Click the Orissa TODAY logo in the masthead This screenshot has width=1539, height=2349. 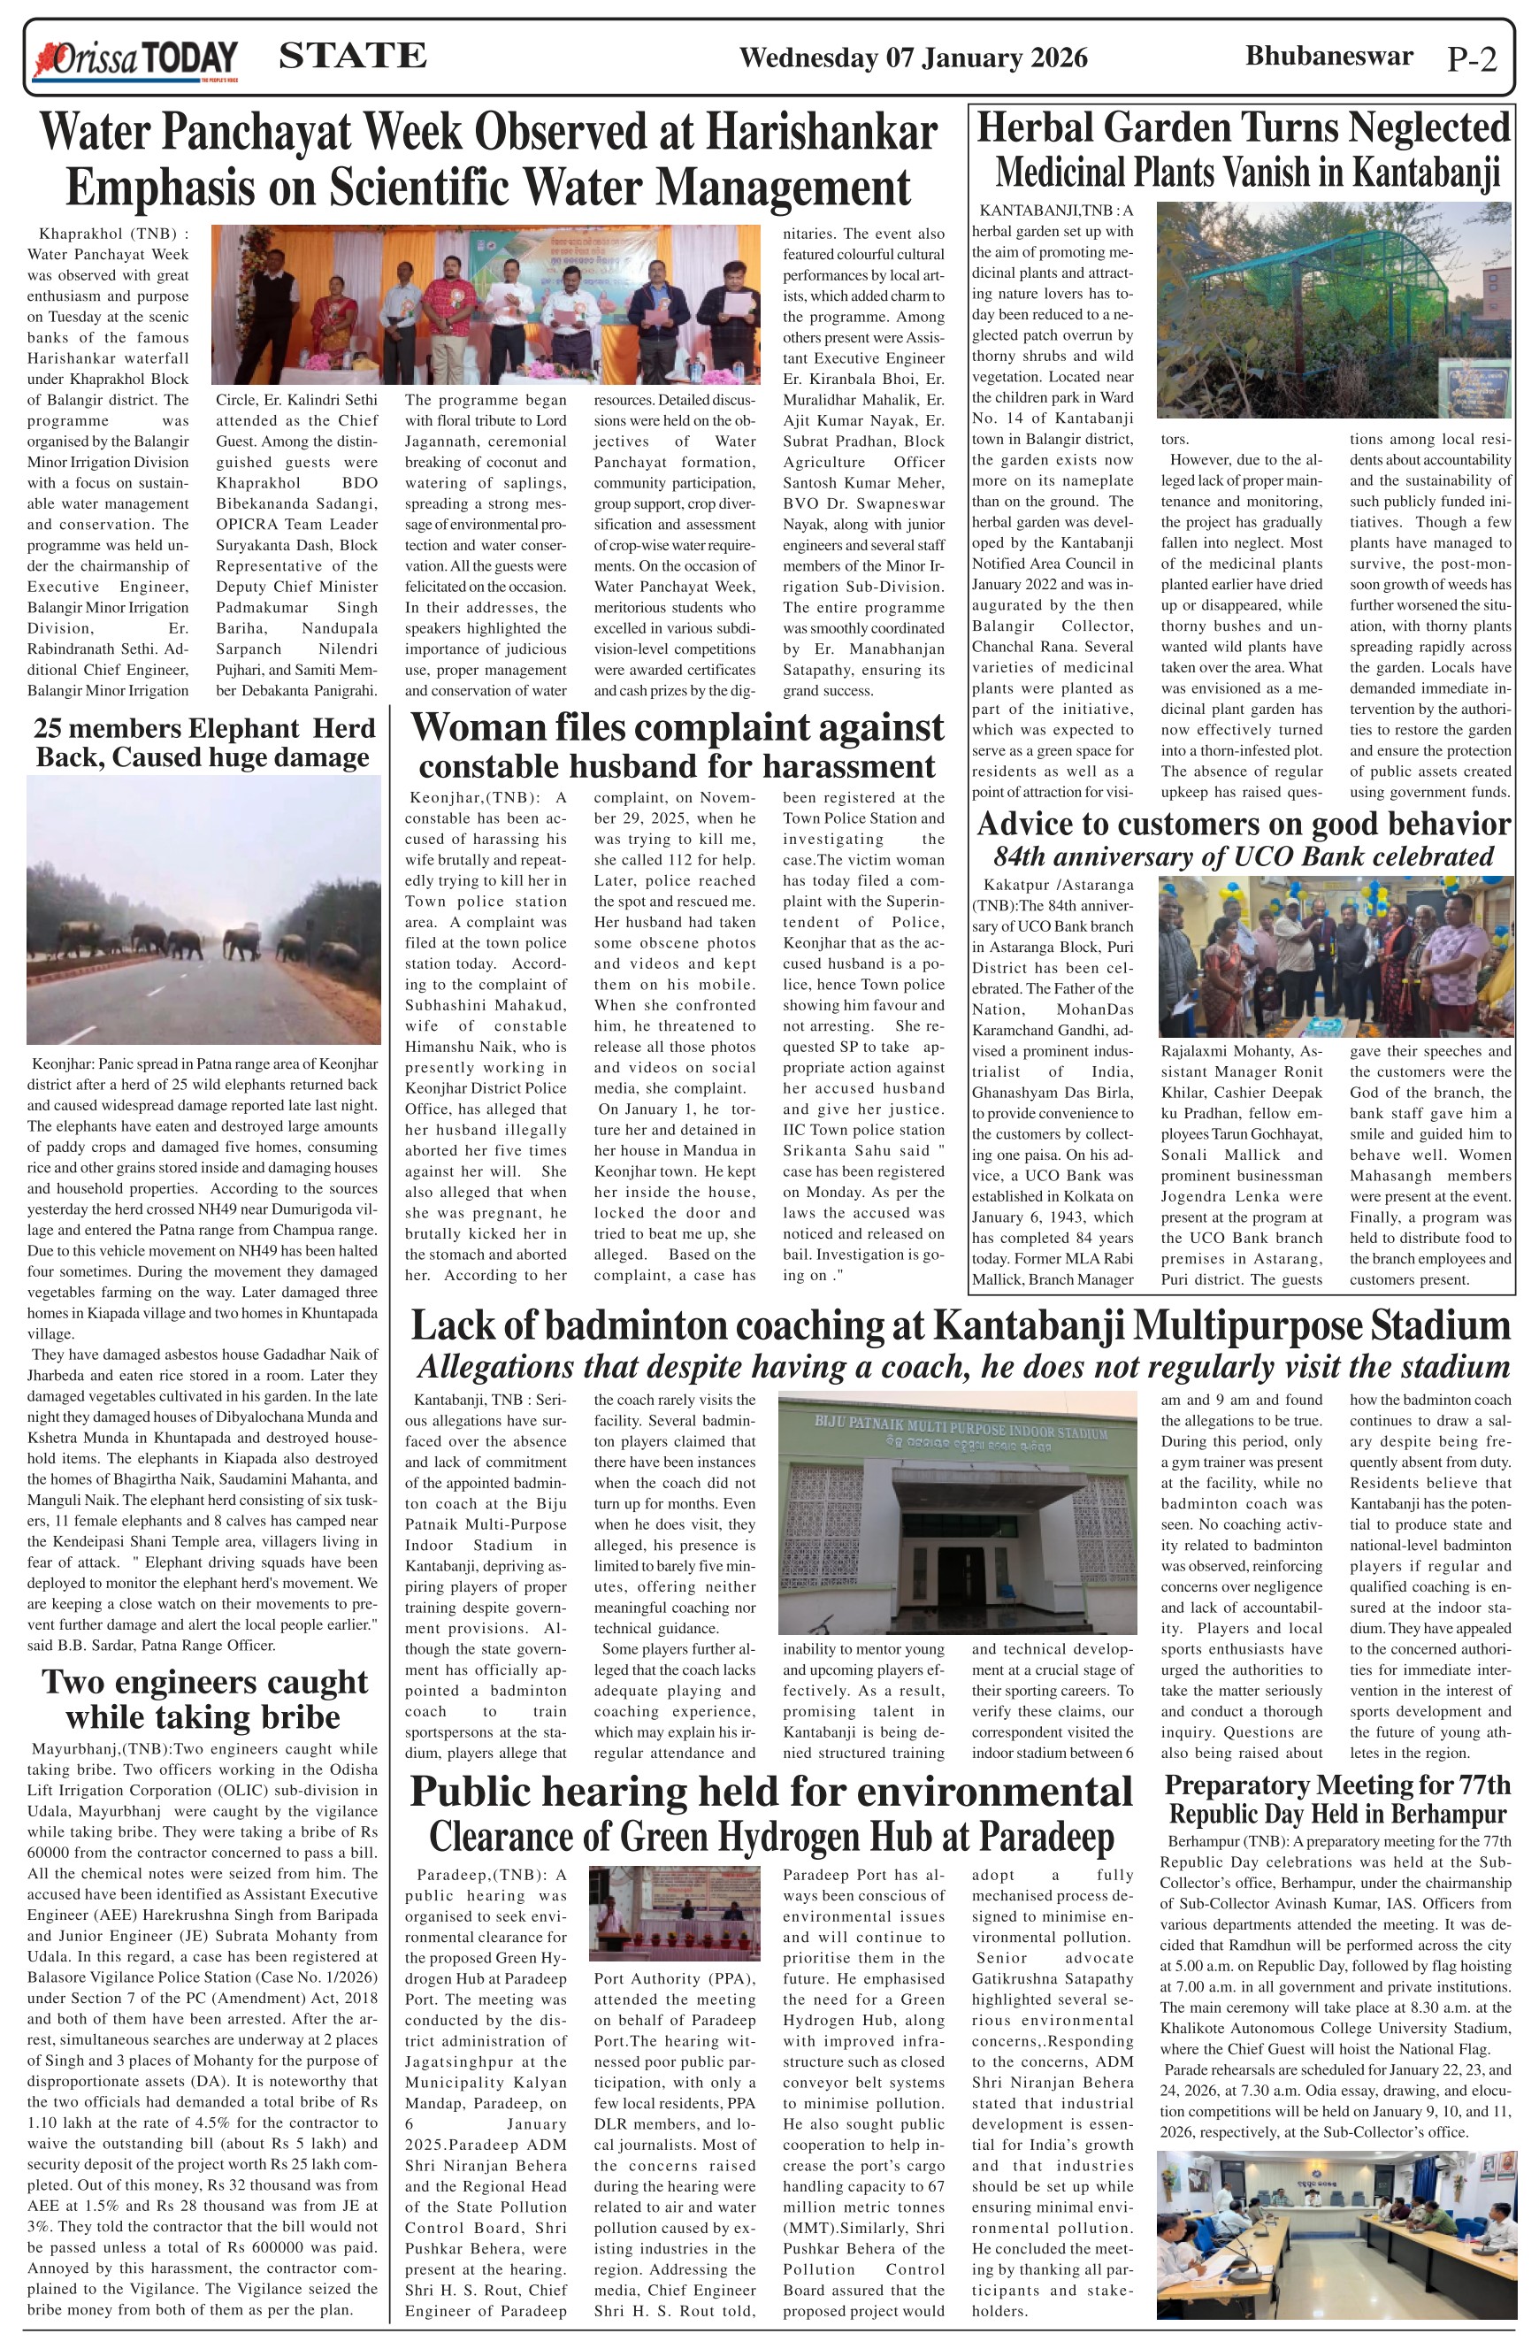pos(136,59)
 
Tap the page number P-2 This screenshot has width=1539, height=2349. pos(1472,60)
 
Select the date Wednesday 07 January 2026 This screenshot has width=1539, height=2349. pos(913,58)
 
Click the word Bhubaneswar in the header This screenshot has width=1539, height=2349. pos(1328,57)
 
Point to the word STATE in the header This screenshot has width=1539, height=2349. pos(353,57)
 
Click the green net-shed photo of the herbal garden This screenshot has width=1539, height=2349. pos(1333,310)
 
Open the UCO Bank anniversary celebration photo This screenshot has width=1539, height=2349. pos(1335,956)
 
